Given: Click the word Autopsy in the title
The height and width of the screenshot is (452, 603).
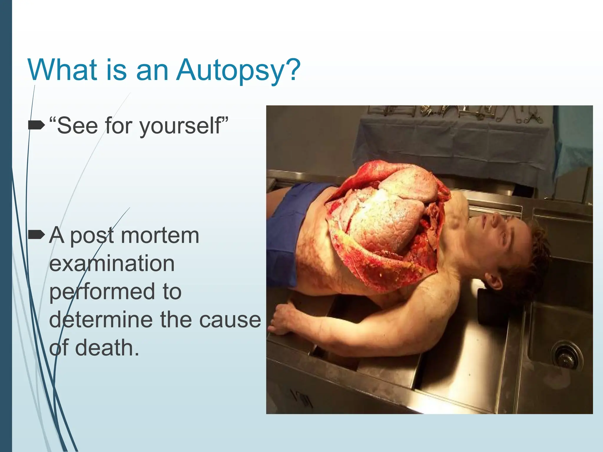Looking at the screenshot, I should click(229, 71).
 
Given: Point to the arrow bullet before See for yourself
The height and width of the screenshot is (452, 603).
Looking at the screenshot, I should click(36, 126).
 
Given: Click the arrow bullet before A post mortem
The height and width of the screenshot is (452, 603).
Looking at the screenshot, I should click(36, 235).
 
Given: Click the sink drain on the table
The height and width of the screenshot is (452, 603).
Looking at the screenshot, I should click(567, 355).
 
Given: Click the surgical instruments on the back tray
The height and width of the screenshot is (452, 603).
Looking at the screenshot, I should click(459, 113).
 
